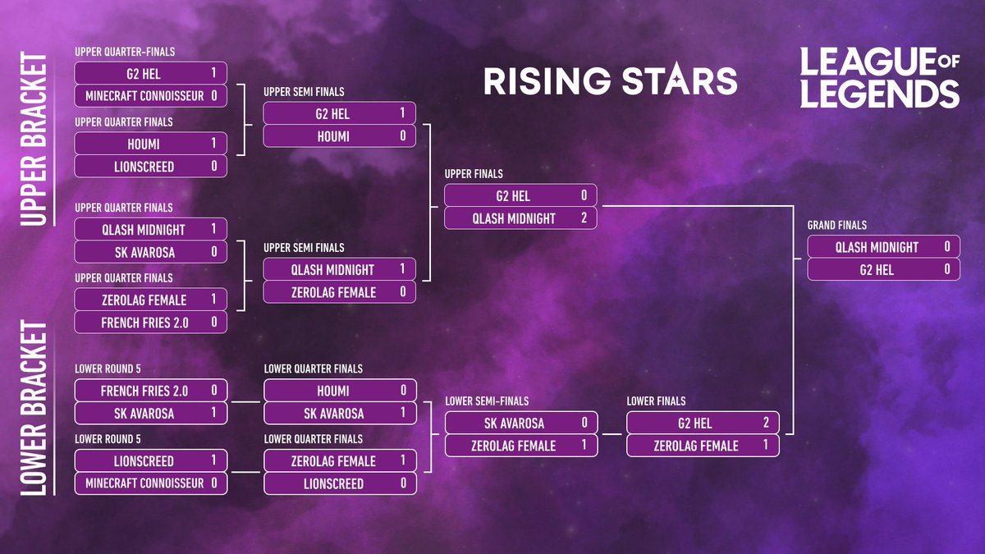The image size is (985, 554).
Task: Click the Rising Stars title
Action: coord(610,81)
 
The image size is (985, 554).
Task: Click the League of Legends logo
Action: coord(879,78)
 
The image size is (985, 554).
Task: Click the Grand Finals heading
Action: coord(837,225)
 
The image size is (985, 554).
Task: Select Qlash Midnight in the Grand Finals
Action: coord(877,247)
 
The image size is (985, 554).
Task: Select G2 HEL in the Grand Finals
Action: coord(877,270)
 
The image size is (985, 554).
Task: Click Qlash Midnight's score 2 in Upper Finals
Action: coord(584,218)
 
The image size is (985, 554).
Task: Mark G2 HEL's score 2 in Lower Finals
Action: coord(766,424)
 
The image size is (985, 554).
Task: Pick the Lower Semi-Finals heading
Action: coord(487,401)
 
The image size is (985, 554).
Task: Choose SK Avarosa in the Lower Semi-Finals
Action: coord(515,424)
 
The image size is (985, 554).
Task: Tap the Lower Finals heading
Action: coord(656,401)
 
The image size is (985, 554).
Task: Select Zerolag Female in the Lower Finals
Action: coord(696,446)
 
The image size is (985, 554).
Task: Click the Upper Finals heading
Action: coord(474,174)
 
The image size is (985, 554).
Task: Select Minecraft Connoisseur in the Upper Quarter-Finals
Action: coord(144,96)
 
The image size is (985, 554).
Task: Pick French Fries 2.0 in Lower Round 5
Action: coord(144,391)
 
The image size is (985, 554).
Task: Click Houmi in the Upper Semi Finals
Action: coord(332,136)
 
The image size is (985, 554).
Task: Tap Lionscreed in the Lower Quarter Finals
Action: coord(333,483)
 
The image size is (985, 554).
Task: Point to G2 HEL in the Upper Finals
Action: coord(513,196)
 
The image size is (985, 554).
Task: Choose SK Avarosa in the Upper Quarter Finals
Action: coord(144,252)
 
